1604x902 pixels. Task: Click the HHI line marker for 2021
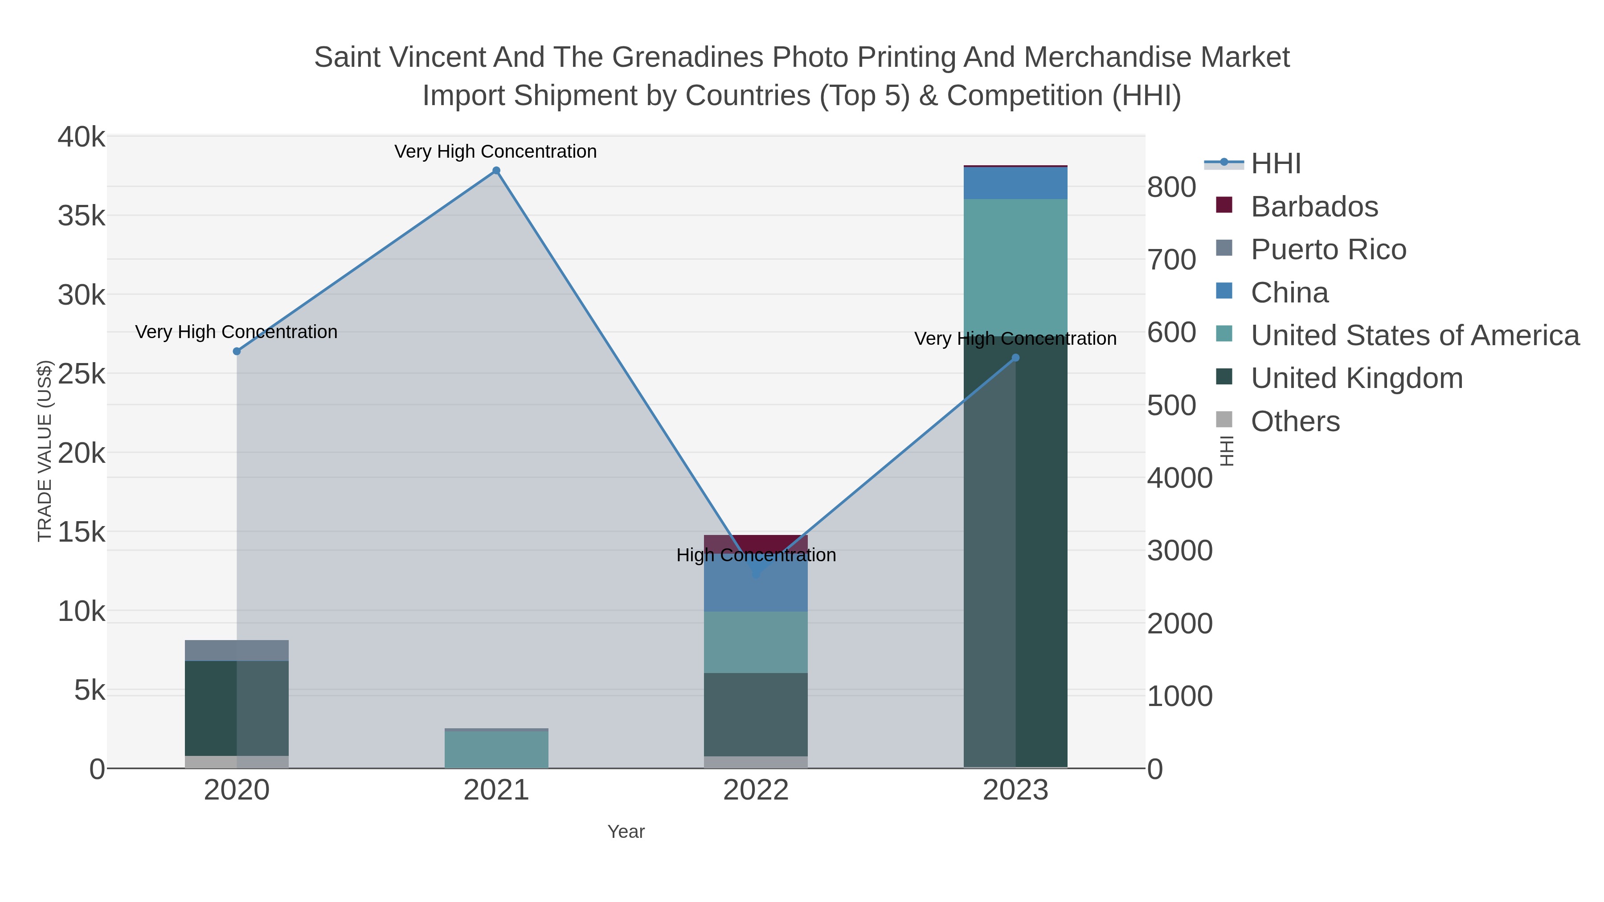pyautogui.click(x=496, y=171)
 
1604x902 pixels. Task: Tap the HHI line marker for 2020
pyautogui.click(x=237, y=351)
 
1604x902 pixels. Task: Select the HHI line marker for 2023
pyautogui.click(x=1015, y=357)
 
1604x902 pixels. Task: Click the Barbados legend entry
pyautogui.click(x=1314, y=206)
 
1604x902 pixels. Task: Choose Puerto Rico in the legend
pyautogui.click(x=1328, y=249)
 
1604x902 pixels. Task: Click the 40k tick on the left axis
pyautogui.click(x=82, y=137)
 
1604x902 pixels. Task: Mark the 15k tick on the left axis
pyautogui.click(x=82, y=532)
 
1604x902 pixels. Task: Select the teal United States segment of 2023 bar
pyautogui.click(x=1015, y=268)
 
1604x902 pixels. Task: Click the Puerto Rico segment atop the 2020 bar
pyautogui.click(x=237, y=650)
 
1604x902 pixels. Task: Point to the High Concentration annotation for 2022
pyautogui.click(x=756, y=555)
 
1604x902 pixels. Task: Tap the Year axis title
pyautogui.click(x=626, y=832)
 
